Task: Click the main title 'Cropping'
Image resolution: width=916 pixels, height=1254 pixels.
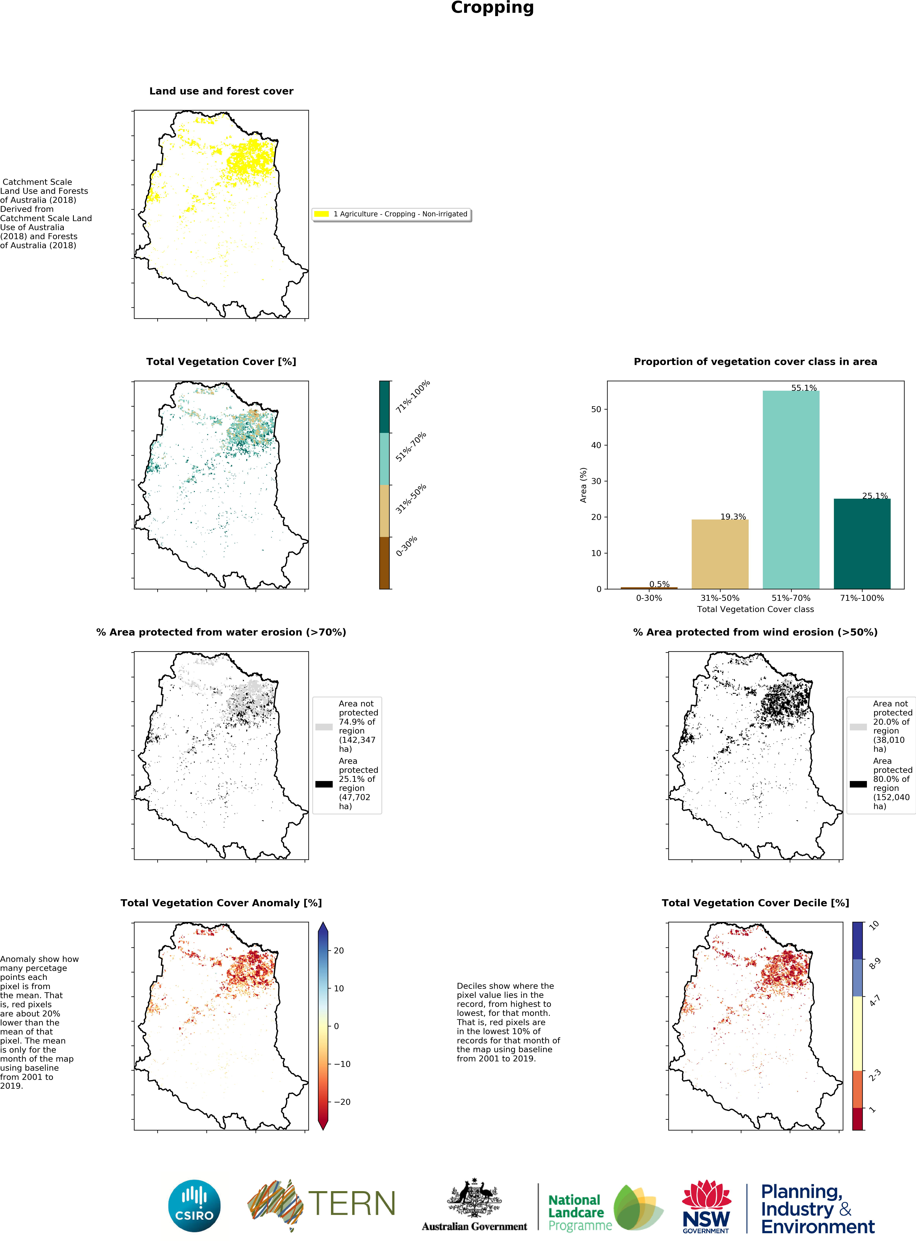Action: click(492, 8)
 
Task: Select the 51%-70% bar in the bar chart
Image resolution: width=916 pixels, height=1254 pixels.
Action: click(791, 489)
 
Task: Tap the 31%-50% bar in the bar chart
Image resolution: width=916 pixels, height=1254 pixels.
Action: click(720, 554)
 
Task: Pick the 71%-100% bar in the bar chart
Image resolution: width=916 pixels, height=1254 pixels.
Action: click(862, 543)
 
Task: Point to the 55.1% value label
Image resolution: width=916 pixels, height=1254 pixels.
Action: click(804, 388)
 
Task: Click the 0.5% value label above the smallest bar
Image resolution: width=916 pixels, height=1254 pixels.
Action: click(659, 584)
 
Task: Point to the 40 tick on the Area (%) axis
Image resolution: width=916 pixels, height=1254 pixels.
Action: click(596, 445)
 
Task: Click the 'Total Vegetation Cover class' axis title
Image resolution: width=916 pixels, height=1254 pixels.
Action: click(755, 609)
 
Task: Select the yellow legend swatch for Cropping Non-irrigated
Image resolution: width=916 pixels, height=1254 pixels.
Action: click(322, 214)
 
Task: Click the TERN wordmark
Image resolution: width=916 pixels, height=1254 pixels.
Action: click(352, 1203)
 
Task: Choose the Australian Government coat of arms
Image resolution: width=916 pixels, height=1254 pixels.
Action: click(474, 1197)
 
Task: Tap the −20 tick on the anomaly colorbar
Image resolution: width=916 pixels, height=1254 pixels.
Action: click(342, 1102)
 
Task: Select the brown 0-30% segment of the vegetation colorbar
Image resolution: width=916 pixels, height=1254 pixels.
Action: click(384, 563)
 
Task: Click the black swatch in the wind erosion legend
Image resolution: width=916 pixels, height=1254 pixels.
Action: click(858, 784)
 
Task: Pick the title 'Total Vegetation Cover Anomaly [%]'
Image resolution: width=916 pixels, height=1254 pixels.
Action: click(221, 903)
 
